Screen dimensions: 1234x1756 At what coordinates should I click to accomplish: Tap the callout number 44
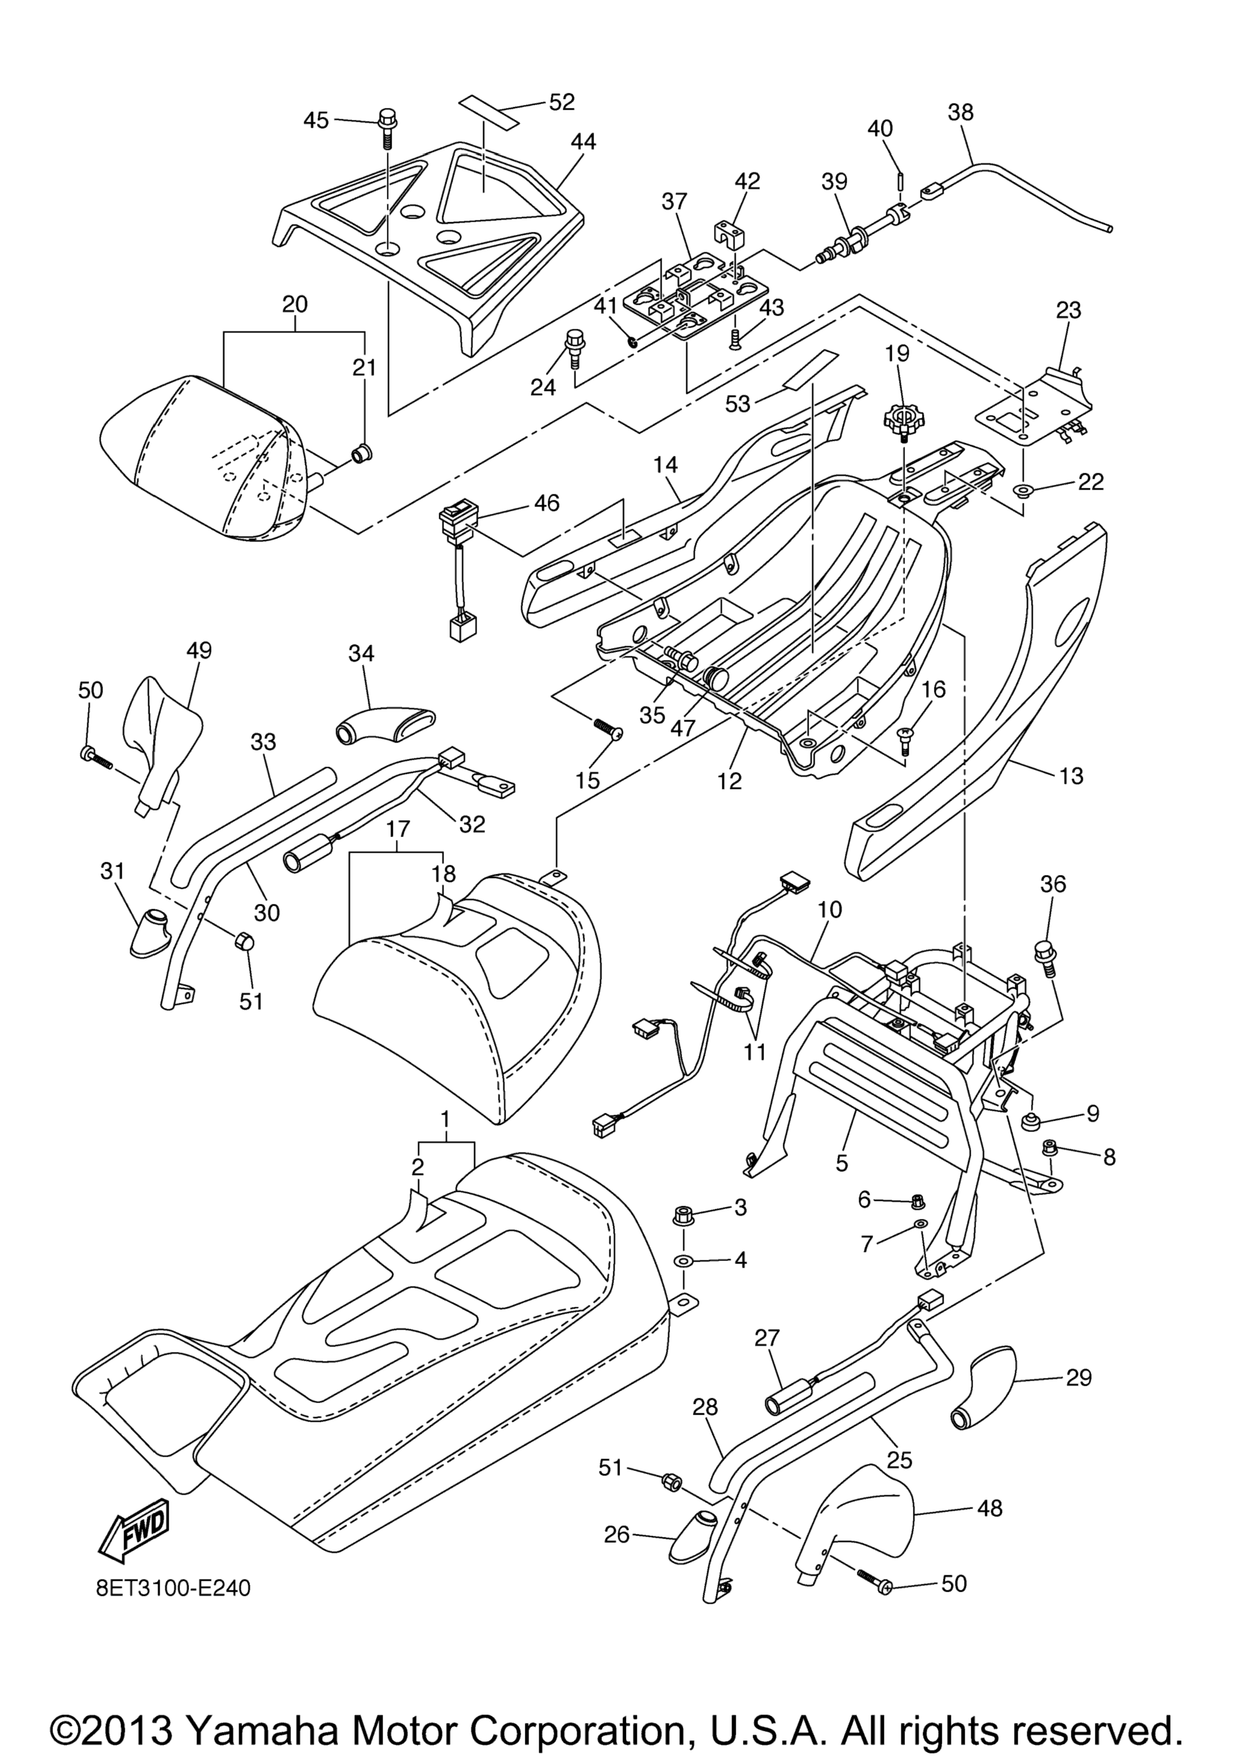click(583, 142)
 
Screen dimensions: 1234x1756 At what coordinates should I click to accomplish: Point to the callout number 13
click(1072, 776)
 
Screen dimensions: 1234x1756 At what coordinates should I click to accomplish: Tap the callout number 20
click(295, 304)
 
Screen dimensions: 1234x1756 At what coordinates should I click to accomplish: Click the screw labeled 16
click(905, 738)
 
